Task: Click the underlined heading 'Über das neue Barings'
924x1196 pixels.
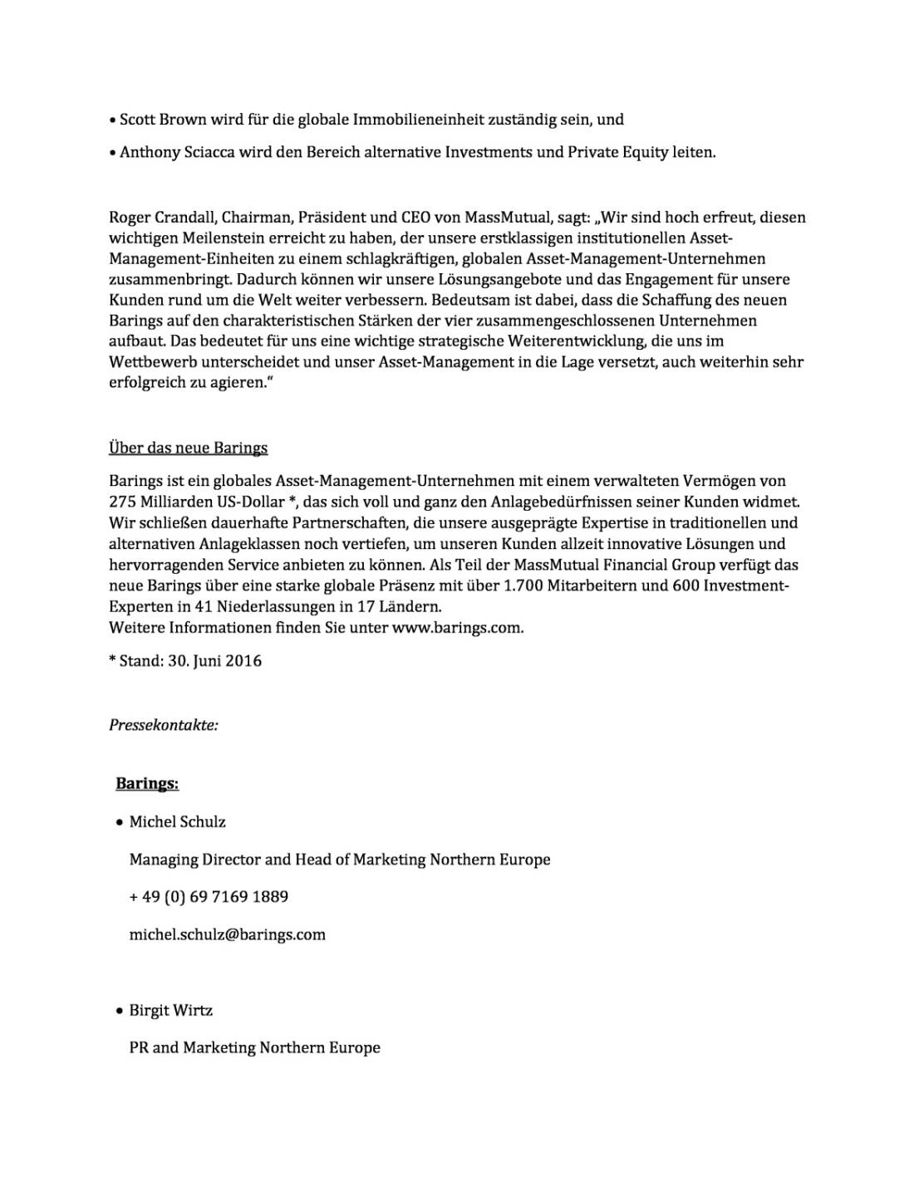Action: (188, 448)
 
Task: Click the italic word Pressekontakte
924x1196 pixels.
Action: (163, 725)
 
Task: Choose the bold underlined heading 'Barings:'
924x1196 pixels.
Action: (147, 784)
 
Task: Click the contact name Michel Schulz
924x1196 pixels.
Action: (177, 822)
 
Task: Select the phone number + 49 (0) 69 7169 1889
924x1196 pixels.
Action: (209, 897)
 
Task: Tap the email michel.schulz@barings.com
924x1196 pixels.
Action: (227, 935)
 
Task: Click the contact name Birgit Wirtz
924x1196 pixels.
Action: (170, 1011)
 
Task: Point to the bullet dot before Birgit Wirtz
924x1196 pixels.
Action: (119, 1012)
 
